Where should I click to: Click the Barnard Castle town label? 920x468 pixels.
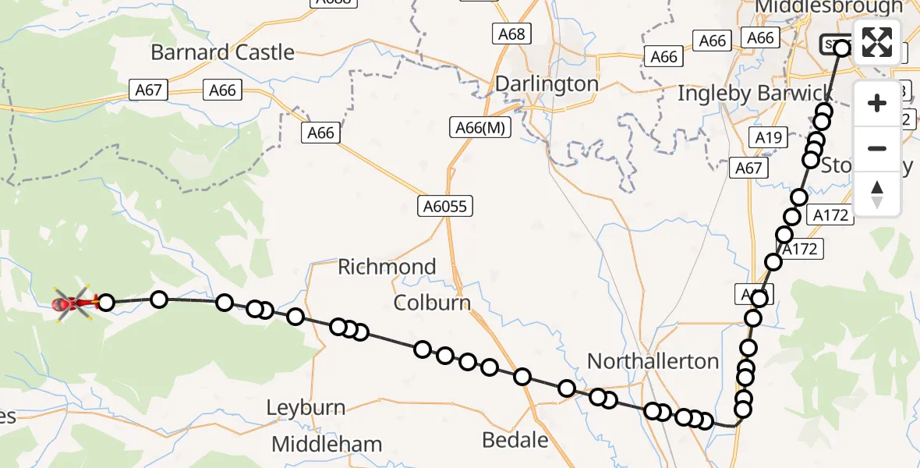(222, 53)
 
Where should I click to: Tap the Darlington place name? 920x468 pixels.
(547, 83)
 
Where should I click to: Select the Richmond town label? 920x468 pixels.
(387, 267)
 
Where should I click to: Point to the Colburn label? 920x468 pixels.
(432, 303)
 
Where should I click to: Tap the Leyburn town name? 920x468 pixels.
(306, 407)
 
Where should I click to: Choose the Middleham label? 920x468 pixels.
(327, 445)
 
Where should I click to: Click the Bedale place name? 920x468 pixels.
(515, 440)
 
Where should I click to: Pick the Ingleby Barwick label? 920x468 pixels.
(755, 94)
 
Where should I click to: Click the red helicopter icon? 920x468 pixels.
(71, 303)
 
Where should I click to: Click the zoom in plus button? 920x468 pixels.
(877, 103)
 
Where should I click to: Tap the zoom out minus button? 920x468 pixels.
(877, 148)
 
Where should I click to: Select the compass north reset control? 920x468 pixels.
(877, 193)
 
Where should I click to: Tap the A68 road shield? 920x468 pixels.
(511, 34)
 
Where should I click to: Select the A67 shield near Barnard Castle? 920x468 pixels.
(148, 90)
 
